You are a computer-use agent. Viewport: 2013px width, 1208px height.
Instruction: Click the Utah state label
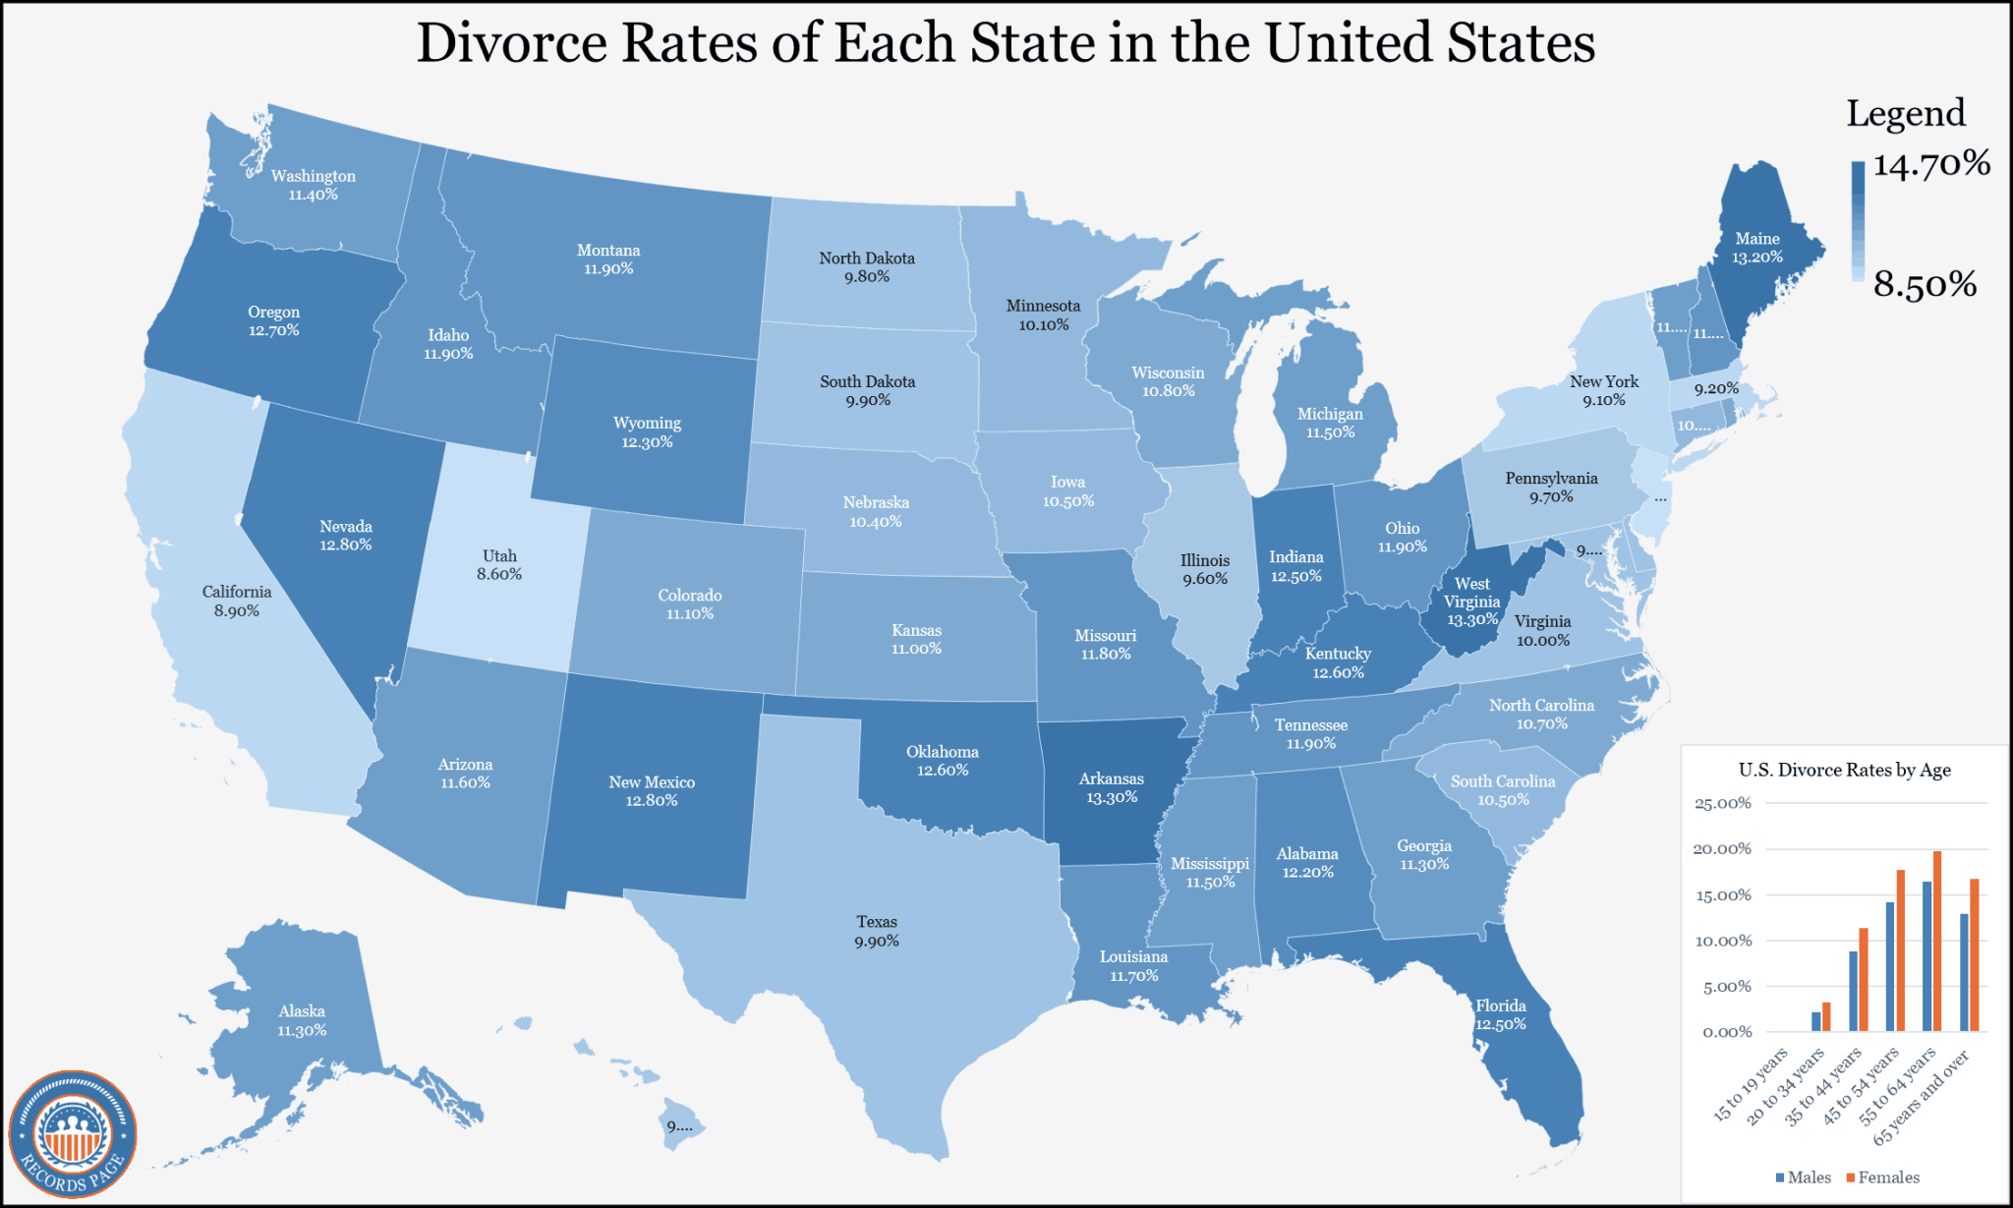[499, 555]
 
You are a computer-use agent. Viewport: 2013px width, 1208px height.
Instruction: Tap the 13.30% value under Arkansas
[1112, 797]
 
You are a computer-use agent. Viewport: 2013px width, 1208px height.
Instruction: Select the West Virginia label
[1471, 593]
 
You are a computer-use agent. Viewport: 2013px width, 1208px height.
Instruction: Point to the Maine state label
[1757, 239]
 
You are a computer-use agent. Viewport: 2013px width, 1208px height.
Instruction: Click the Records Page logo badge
[73, 1133]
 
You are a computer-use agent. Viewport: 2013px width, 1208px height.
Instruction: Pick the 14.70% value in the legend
[1930, 163]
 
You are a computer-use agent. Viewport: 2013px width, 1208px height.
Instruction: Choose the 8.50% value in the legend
[1925, 285]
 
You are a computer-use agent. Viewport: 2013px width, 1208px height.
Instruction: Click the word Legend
[1905, 113]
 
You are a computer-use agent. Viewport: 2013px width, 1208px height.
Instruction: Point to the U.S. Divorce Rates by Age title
[1844, 770]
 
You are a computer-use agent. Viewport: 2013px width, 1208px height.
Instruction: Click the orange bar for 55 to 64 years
[1937, 941]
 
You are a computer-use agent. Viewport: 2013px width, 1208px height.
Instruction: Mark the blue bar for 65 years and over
[1964, 972]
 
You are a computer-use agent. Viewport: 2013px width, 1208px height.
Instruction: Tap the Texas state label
[877, 922]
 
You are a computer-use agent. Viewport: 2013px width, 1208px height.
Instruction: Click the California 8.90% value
[237, 610]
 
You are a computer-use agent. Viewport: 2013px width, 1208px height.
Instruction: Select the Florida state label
[1501, 1006]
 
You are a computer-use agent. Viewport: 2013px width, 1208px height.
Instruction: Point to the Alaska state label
[302, 1011]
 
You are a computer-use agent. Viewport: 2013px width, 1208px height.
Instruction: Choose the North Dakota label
[867, 259]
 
